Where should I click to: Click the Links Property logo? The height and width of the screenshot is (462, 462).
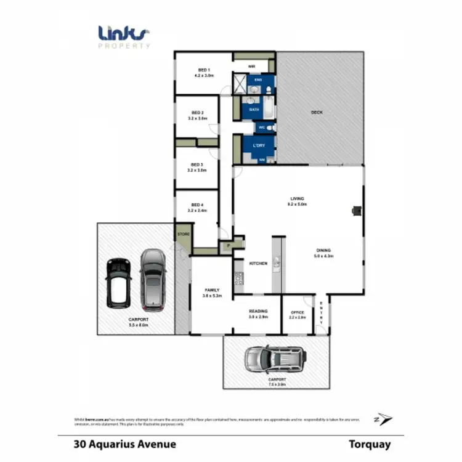pyautogui.click(x=124, y=36)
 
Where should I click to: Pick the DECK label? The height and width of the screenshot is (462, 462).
pyautogui.click(x=317, y=112)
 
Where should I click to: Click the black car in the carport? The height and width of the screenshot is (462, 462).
pyautogui.click(x=118, y=282)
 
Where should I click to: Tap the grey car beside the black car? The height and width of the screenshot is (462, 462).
pyautogui.click(x=152, y=279)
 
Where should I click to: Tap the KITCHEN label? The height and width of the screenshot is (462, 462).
pyautogui.click(x=257, y=264)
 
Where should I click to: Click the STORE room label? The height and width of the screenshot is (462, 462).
pyautogui.click(x=183, y=235)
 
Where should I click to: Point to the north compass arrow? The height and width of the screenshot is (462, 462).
pyautogui.click(x=385, y=419)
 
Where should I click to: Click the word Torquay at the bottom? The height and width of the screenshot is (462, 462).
pyautogui.click(x=369, y=444)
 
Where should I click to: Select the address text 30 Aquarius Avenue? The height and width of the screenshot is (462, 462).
pyautogui.click(x=124, y=444)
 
